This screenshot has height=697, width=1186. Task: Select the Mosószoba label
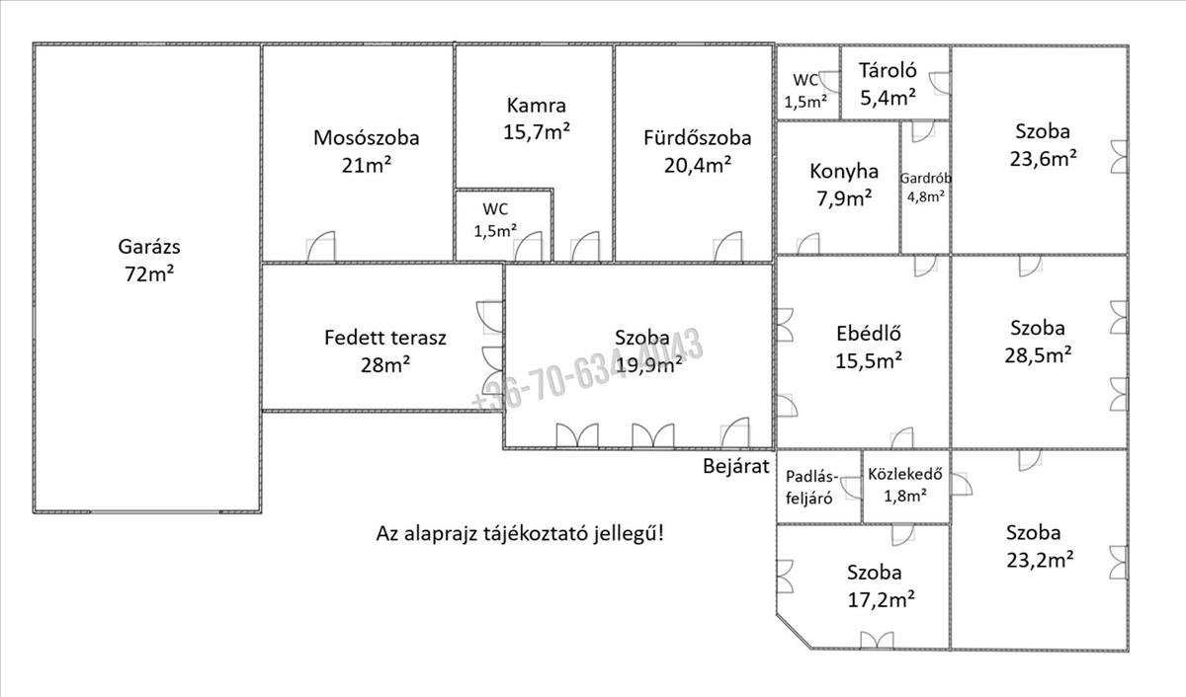point(366,138)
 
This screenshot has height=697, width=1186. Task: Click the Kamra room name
point(536,105)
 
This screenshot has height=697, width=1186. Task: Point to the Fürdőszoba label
point(697,138)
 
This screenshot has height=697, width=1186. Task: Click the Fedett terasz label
point(385,338)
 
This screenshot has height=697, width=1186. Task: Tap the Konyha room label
point(843,171)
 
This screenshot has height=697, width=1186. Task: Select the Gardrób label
point(925,179)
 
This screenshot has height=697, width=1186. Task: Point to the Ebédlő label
point(869,334)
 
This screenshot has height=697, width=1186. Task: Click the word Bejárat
point(735,466)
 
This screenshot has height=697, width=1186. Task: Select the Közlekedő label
point(904,474)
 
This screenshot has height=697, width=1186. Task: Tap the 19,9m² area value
point(648,364)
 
